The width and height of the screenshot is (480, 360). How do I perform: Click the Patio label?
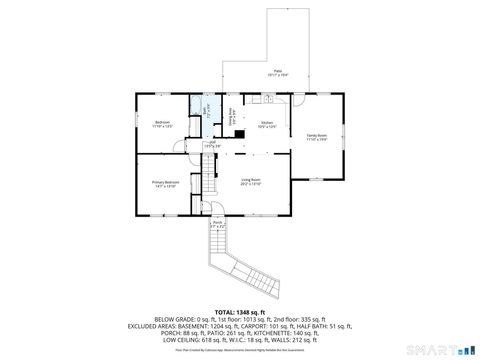point(278,72)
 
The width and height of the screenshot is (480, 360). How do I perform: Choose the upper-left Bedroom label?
point(162,124)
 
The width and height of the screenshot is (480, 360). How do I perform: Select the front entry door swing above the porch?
point(221,208)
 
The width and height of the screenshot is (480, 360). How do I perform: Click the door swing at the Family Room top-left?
point(298,101)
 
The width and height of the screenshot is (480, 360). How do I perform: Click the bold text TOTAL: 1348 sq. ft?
point(239,312)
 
